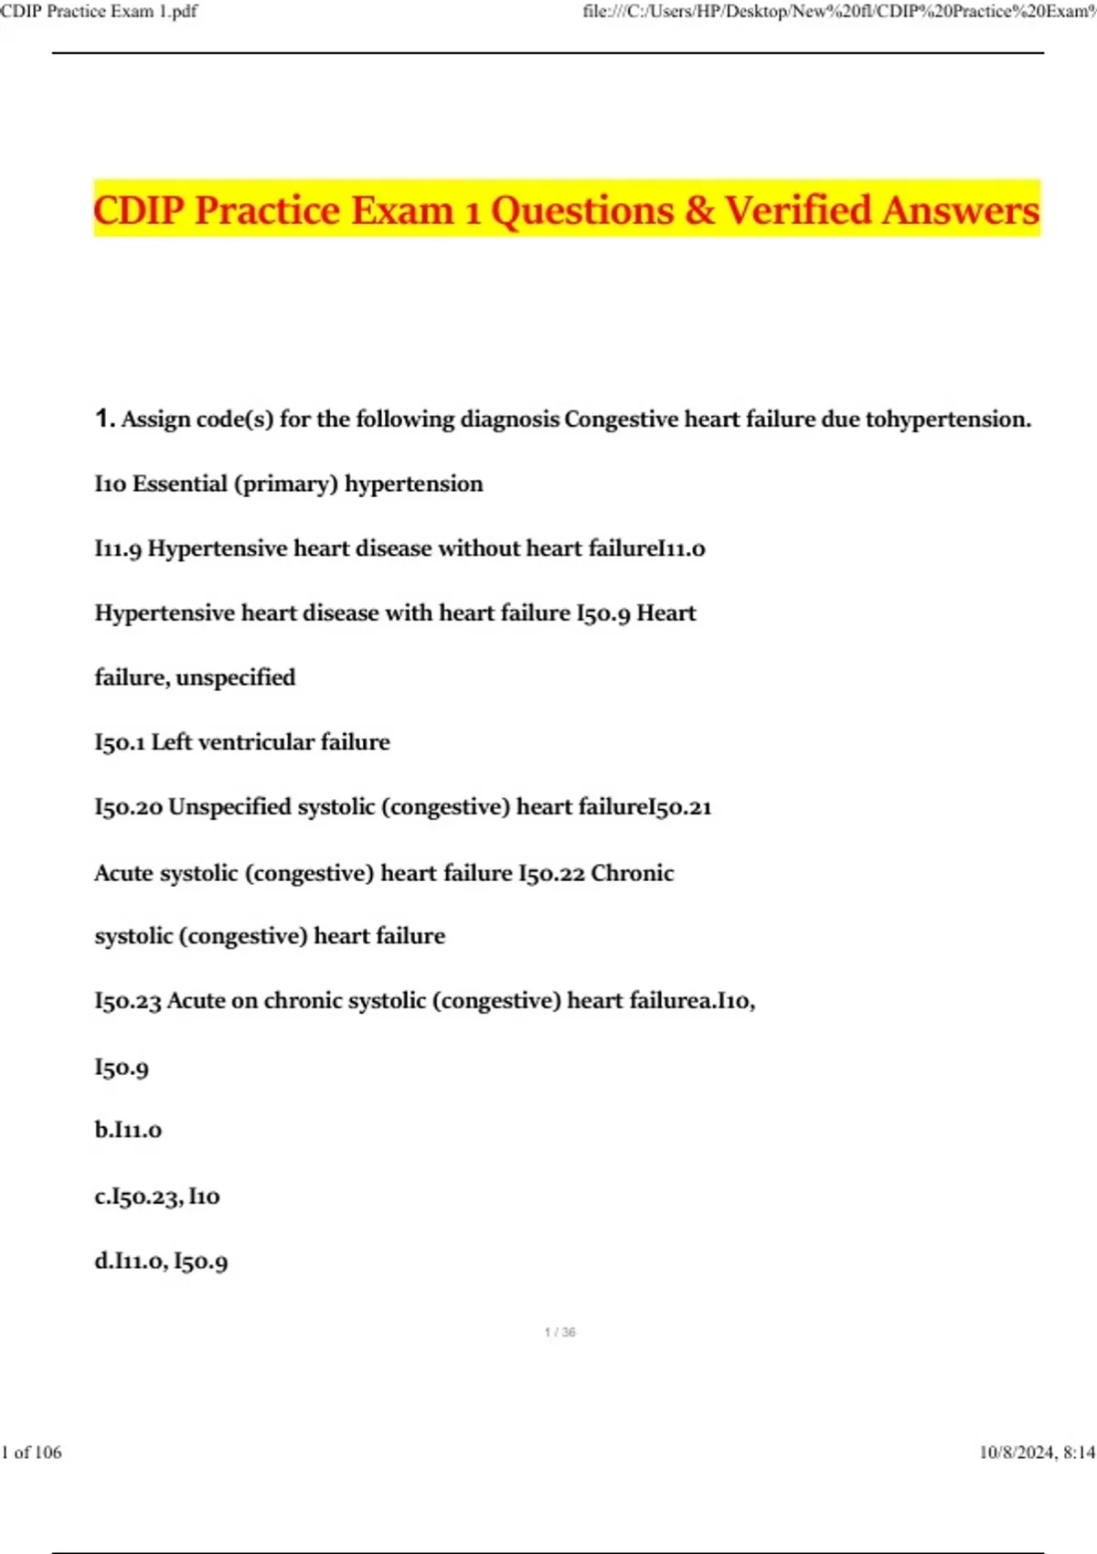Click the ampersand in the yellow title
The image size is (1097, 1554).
point(699,210)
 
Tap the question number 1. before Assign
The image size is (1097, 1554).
point(104,419)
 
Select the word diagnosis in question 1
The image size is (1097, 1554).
point(510,419)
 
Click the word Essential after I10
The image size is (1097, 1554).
point(180,484)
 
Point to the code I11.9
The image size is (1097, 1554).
point(118,548)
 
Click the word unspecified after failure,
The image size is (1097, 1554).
point(236,677)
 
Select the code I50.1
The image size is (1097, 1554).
point(120,742)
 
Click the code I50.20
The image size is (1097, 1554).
point(128,807)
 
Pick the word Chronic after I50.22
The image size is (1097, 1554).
point(633,873)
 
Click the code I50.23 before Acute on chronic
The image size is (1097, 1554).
point(128,1001)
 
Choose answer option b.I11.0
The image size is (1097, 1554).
point(128,1130)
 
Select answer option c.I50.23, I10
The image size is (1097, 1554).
point(157,1196)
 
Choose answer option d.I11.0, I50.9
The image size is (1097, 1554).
point(161,1261)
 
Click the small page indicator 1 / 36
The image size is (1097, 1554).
point(559,1333)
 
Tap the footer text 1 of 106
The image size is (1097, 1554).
point(32,1453)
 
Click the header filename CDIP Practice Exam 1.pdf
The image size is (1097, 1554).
point(99,11)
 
